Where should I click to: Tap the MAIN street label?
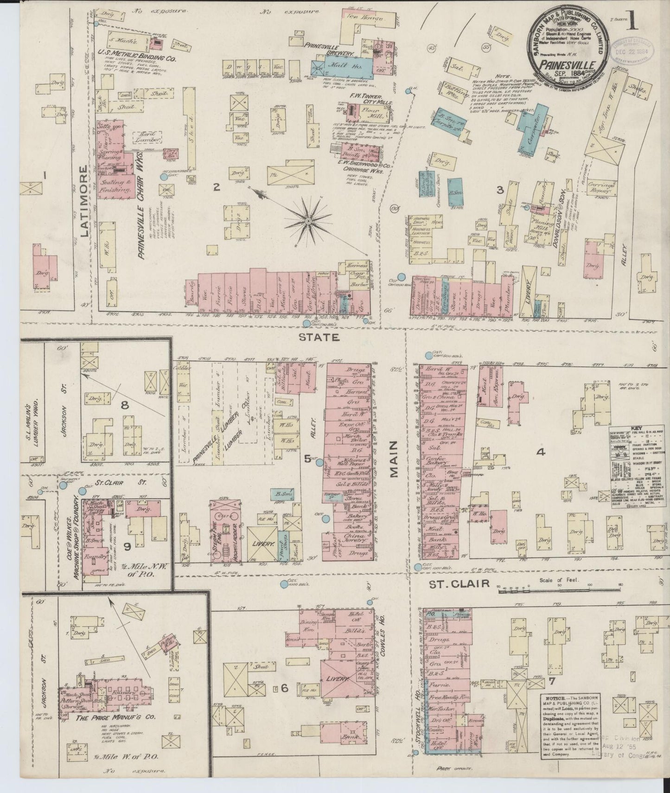click(394, 459)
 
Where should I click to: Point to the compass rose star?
click(307, 222)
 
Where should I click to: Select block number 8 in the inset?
click(124, 405)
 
